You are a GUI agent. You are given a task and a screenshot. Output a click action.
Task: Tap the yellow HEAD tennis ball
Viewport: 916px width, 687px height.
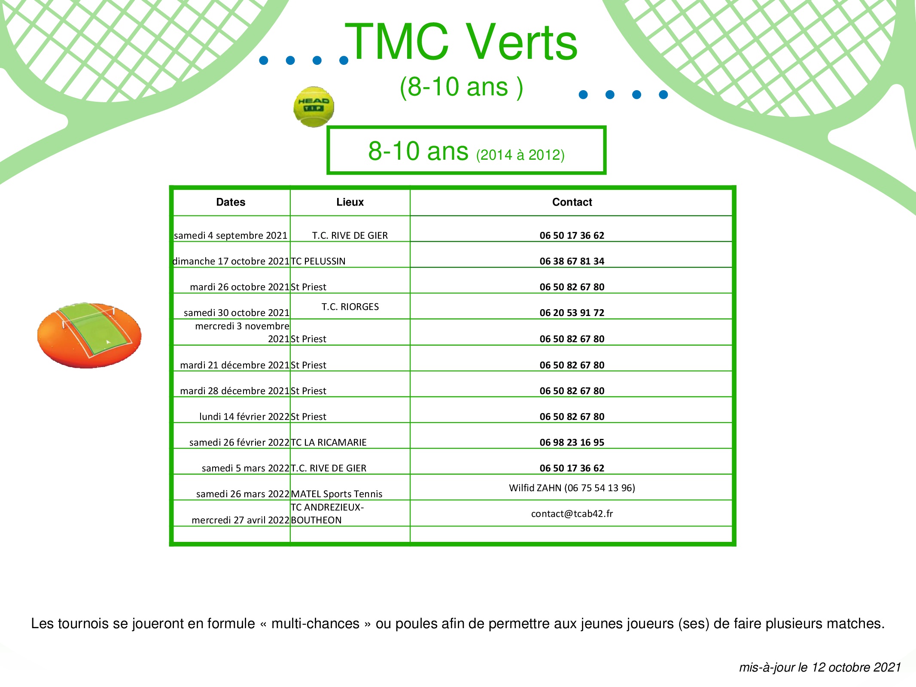click(313, 107)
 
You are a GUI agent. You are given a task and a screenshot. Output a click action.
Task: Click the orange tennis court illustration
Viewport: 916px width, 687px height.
click(89, 335)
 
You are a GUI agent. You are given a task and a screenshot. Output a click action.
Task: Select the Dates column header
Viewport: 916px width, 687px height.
click(231, 202)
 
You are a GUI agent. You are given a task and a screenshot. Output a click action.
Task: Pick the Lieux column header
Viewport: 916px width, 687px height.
click(350, 202)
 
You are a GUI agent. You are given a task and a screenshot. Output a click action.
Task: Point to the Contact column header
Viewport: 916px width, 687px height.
click(572, 202)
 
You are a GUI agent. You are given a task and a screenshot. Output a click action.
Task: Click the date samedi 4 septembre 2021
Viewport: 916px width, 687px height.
click(231, 235)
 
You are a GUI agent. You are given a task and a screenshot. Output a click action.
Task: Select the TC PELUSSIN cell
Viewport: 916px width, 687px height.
click(318, 261)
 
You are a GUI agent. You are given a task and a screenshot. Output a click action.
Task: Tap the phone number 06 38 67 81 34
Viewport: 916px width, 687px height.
click(572, 261)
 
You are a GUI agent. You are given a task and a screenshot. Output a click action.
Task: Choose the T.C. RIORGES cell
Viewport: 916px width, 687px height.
click(350, 307)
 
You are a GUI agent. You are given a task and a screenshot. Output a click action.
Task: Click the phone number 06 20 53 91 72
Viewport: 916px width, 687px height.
click(572, 313)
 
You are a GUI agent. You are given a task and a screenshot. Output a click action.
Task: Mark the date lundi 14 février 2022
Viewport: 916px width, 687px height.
click(244, 416)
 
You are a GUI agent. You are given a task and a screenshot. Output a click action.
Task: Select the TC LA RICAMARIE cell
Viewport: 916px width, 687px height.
click(329, 442)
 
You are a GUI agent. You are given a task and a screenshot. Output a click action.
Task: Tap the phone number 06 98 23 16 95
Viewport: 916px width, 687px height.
click(572, 442)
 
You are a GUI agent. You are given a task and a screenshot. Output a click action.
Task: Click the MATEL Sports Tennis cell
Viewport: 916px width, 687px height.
click(337, 494)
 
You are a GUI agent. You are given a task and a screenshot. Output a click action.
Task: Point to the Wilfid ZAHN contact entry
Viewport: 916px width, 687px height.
click(572, 488)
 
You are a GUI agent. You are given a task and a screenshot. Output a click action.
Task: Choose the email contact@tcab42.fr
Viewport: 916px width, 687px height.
click(572, 514)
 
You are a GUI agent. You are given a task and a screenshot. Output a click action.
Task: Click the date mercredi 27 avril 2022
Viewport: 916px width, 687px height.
click(240, 520)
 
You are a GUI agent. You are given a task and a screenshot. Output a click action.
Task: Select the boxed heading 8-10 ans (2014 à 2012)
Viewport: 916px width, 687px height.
click(466, 150)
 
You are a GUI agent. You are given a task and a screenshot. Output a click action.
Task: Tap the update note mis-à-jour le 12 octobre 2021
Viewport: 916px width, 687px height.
click(820, 667)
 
